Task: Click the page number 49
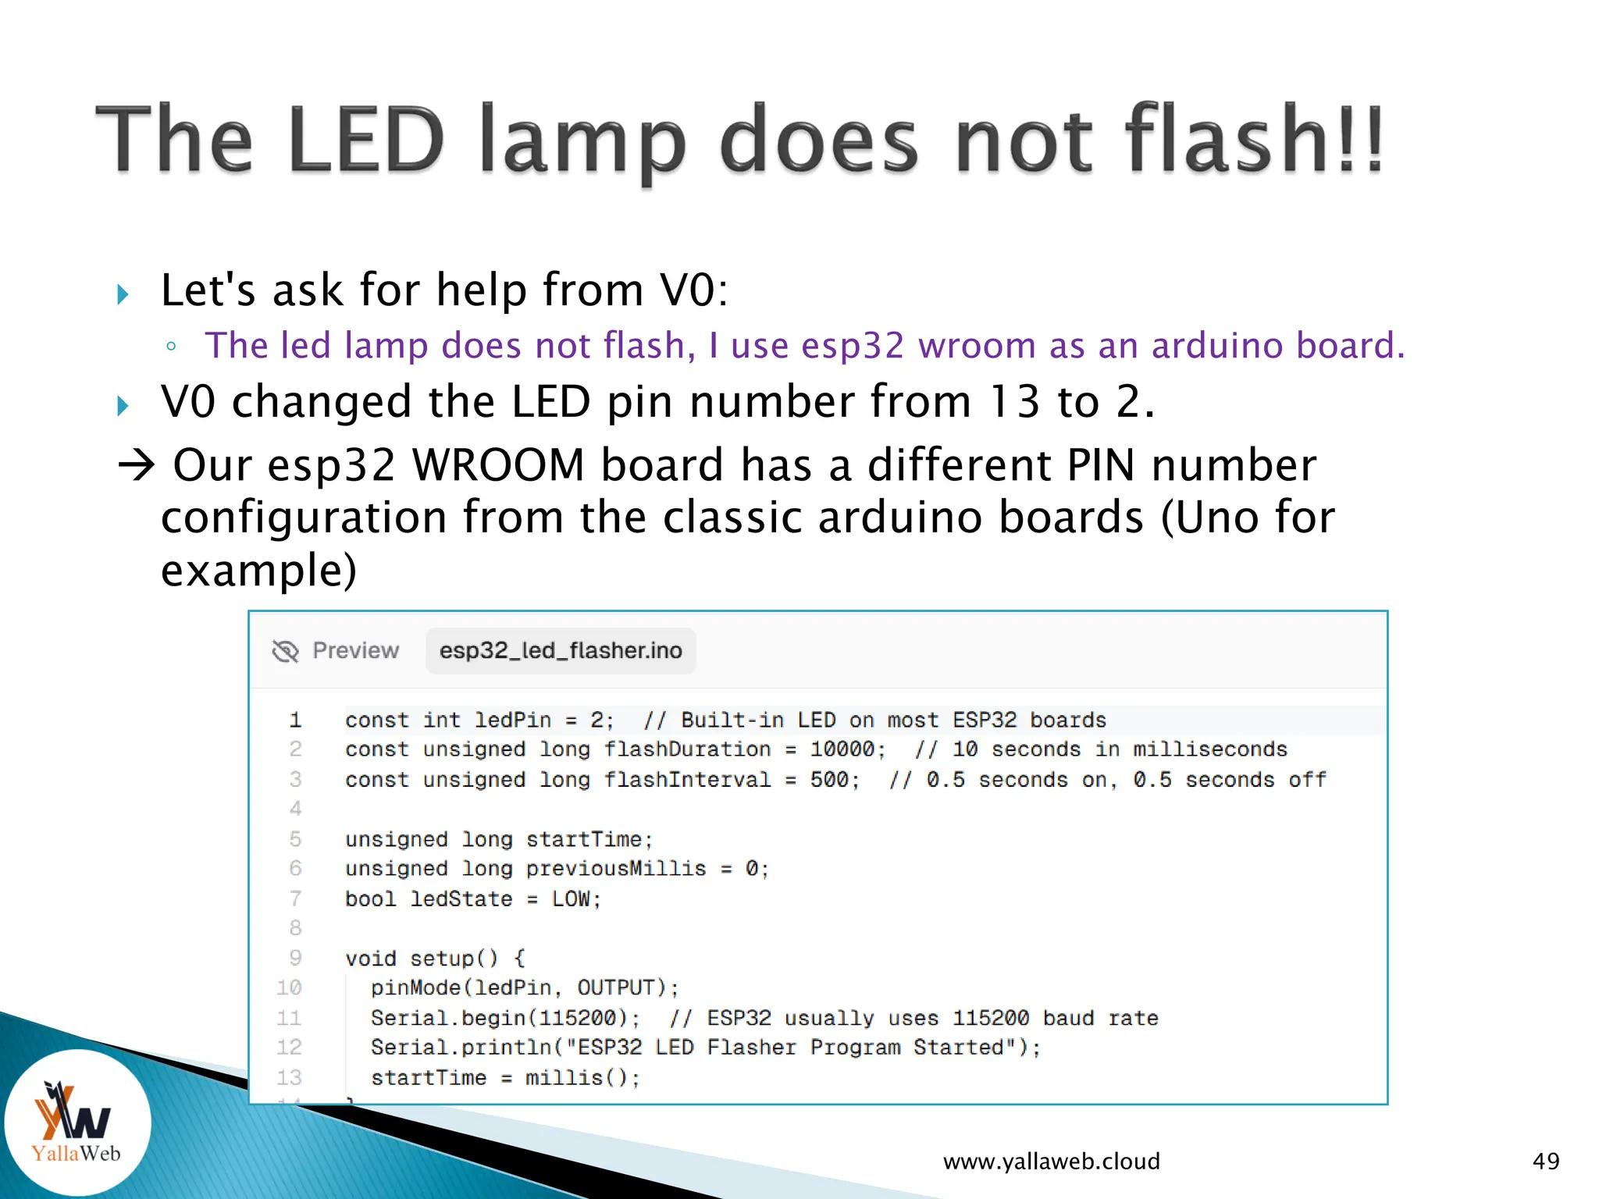1546,1162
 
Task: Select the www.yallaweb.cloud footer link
1051,1162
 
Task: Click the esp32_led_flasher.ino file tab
561,650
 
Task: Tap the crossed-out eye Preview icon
286,650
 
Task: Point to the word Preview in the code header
355,650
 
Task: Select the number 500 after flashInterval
829,780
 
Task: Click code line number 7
295,898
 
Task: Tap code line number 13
289,1077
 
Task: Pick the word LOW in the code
571,899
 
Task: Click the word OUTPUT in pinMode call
615,988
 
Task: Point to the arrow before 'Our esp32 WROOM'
137,465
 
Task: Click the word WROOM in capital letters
498,465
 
